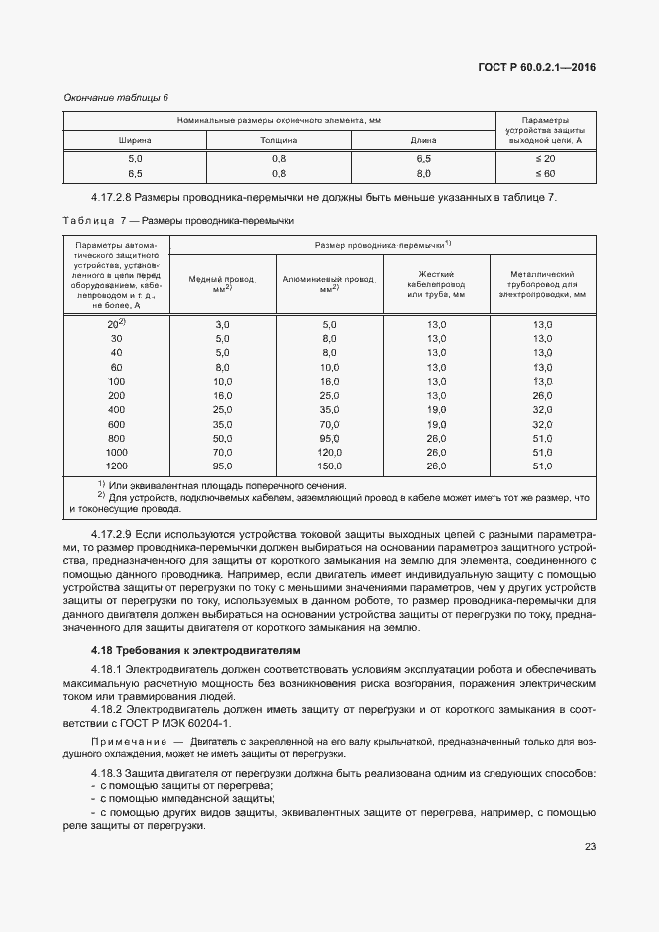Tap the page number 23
click(x=590, y=847)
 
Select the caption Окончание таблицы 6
click(x=116, y=97)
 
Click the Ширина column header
click(x=135, y=140)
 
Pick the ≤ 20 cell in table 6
click(x=545, y=159)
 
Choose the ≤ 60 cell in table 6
click(x=545, y=174)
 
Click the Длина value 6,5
click(x=423, y=159)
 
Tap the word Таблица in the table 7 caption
click(x=89, y=221)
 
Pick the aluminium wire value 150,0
click(x=329, y=466)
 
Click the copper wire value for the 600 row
click(x=222, y=424)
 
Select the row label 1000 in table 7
click(x=117, y=452)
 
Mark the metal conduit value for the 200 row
click(x=542, y=396)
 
